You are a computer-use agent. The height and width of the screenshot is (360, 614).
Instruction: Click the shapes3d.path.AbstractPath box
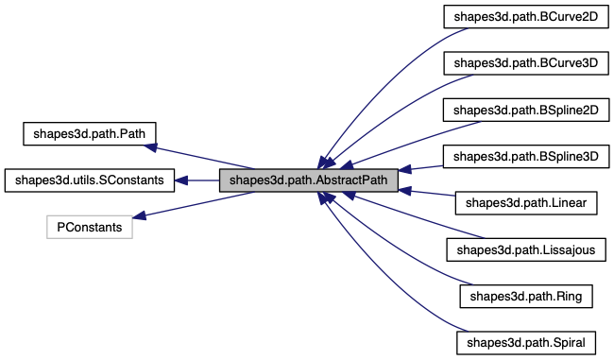[308, 180]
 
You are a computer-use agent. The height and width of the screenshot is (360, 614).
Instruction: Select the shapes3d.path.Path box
[88, 132]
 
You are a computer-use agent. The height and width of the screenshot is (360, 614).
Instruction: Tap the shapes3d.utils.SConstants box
[90, 180]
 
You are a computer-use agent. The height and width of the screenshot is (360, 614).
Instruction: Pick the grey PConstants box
[90, 227]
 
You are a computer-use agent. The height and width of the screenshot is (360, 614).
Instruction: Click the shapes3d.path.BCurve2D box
[525, 17]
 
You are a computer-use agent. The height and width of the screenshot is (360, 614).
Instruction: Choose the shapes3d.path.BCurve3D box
[525, 63]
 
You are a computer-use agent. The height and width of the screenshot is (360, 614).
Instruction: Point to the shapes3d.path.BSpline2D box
[525, 110]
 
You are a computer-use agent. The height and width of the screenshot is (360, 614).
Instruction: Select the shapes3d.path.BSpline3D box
[525, 156]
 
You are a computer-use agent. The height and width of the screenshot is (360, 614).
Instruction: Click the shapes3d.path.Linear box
[525, 202]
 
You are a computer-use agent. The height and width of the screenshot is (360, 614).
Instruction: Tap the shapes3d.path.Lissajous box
[525, 249]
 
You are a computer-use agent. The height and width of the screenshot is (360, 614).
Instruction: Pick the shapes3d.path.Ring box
[525, 296]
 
